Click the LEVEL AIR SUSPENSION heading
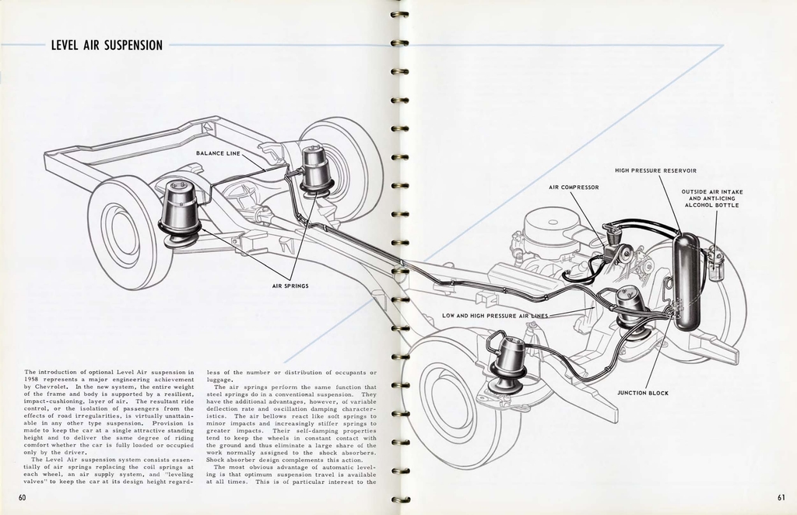click(x=107, y=45)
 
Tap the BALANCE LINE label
click(x=218, y=153)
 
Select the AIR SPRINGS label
click(x=290, y=286)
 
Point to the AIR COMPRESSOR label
click(x=574, y=187)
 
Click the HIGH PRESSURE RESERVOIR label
click(x=655, y=170)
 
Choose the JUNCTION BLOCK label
click(x=643, y=393)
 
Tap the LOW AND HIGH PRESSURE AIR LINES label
click(x=495, y=316)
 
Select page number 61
click(x=781, y=498)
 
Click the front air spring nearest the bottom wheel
click(x=509, y=362)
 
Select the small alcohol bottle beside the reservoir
click(x=715, y=261)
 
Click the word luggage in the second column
click(x=220, y=380)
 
